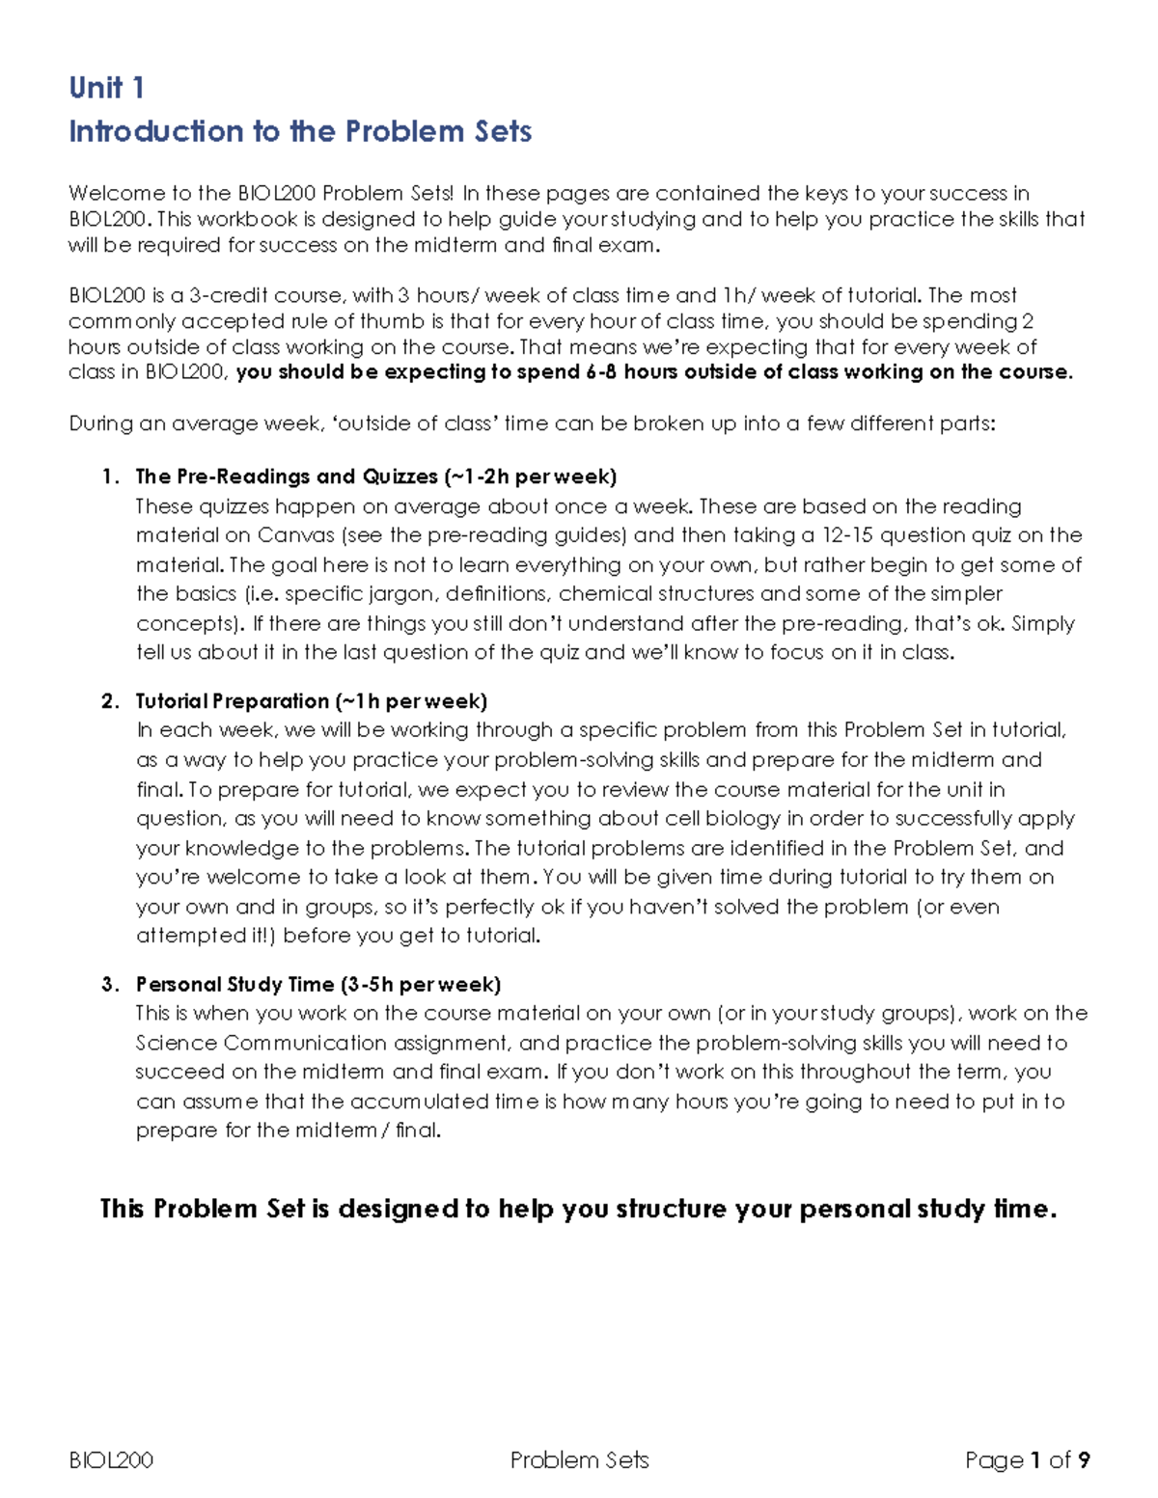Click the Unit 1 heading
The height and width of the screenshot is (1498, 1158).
[106, 88]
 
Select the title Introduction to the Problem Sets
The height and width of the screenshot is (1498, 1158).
[300, 131]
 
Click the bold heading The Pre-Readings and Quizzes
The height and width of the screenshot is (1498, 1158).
[287, 477]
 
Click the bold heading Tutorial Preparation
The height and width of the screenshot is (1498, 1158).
[232, 701]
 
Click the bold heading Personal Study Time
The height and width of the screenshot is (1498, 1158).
[234, 985]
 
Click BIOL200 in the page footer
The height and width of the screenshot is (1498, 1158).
[111, 1460]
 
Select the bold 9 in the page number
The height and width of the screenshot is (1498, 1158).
[1084, 1460]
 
